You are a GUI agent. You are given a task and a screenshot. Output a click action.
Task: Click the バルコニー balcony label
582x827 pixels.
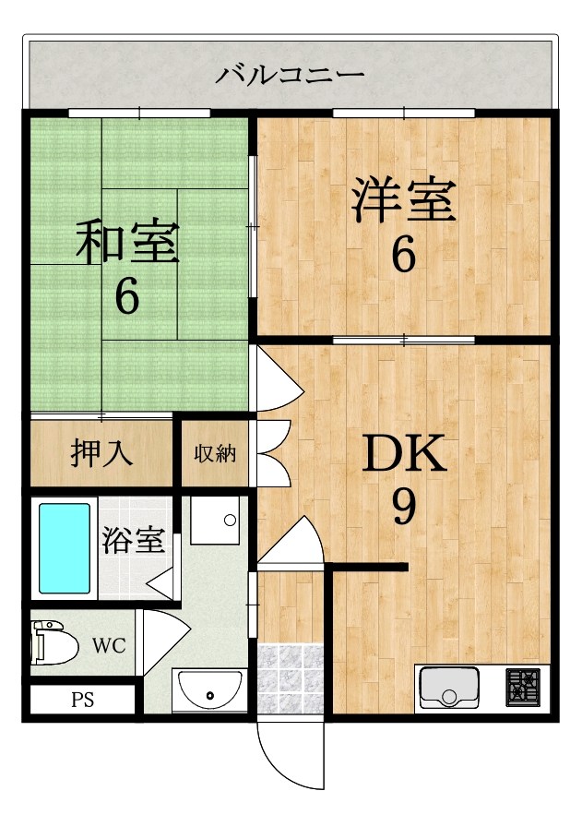tap(290, 74)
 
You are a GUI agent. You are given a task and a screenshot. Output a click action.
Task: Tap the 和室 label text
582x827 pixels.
tap(127, 242)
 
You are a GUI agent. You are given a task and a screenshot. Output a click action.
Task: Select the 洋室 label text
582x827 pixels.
tap(403, 202)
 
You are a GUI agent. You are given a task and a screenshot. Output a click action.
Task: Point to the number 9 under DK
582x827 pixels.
tap(403, 506)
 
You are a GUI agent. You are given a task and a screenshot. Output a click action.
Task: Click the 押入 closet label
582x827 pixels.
tap(102, 453)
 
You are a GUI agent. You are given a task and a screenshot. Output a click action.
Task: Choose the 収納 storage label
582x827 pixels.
tap(215, 453)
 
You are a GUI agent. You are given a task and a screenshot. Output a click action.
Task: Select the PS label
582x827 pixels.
tap(82, 699)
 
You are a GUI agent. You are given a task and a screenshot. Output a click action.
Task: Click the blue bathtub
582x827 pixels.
tap(64, 547)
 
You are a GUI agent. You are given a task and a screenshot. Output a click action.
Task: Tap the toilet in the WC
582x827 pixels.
tap(55, 642)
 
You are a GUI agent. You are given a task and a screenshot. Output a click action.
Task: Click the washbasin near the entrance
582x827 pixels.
tap(208, 688)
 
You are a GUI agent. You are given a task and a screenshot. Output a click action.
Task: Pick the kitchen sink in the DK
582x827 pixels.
tap(449, 688)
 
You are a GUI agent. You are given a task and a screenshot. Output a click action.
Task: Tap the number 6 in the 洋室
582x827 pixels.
tap(403, 256)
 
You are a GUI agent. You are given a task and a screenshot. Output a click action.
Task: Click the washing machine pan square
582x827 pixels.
tap(215, 522)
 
